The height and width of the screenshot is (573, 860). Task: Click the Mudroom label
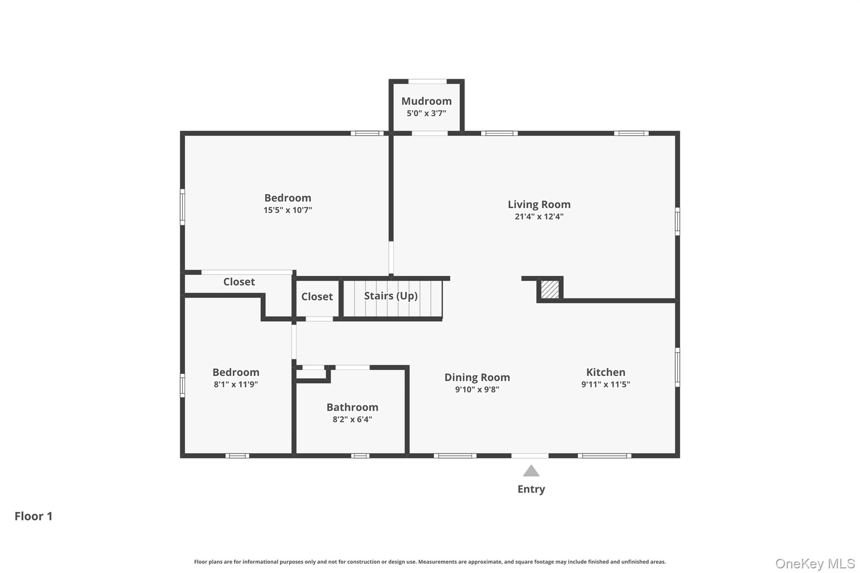pos(426,101)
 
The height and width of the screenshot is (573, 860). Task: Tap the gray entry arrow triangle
pos(531,471)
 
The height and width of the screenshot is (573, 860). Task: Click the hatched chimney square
pos(550,289)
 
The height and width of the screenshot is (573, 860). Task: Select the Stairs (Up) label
pos(391,296)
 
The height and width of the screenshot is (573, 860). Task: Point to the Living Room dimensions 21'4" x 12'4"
pos(539,217)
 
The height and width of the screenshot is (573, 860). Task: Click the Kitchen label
pos(605,372)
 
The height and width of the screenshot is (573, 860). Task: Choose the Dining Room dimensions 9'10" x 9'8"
pos(477,390)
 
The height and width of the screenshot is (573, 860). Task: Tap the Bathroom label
pos(352,407)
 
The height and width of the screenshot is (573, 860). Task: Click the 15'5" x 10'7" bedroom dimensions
pos(288,210)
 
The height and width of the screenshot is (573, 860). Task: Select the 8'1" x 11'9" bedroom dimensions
pos(236,385)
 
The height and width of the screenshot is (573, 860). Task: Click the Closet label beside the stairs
pos(317,297)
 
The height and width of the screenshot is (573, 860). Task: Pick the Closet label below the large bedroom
pos(239,282)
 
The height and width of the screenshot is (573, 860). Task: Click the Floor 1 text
pos(34,516)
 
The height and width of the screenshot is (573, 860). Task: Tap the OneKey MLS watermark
pos(815,563)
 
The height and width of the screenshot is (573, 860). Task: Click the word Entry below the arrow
pos(531,489)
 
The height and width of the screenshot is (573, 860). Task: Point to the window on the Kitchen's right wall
pos(677,367)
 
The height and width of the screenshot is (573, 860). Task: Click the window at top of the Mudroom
pos(427,81)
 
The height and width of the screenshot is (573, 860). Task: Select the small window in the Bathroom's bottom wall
pos(360,455)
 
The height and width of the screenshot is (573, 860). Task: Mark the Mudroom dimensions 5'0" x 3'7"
pos(426,113)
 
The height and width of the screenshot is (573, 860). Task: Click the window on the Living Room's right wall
pos(677,221)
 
